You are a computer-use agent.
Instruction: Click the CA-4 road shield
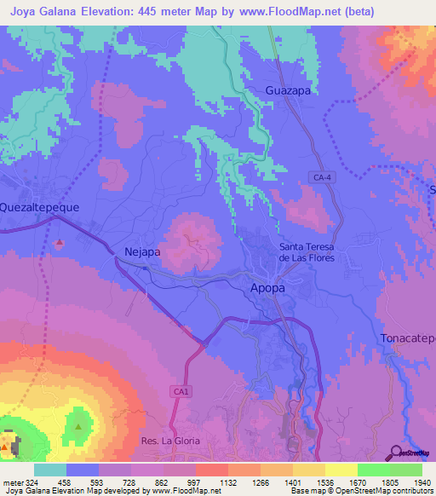tap(320, 176)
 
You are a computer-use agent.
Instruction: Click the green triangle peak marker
tap(79, 424)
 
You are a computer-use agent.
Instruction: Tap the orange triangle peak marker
tap(8, 446)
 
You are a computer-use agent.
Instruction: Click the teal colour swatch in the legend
tap(50, 469)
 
